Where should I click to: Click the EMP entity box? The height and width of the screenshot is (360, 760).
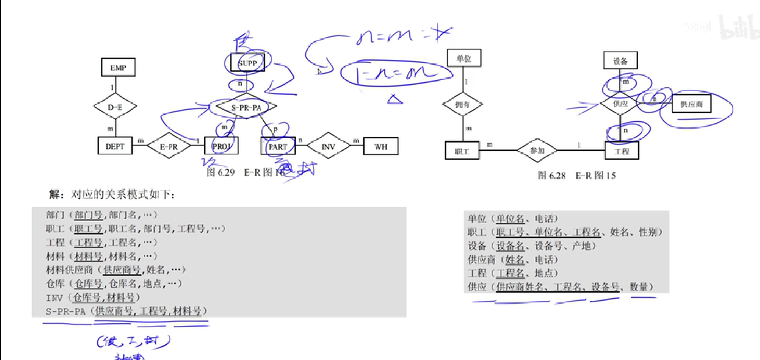click(x=118, y=67)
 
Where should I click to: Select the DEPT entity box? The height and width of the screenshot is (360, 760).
click(x=115, y=146)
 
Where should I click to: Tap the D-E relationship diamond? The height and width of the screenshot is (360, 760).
click(x=115, y=107)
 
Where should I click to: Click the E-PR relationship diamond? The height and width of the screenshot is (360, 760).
click(x=169, y=146)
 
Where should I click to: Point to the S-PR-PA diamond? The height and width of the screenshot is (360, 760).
click(x=246, y=107)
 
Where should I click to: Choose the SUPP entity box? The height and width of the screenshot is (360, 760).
click(x=247, y=63)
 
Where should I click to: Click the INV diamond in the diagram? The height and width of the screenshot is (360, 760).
click(x=328, y=146)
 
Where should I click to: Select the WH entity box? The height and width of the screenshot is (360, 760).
click(x=380, y=146)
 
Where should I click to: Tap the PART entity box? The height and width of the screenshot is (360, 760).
click(x=278, y=146)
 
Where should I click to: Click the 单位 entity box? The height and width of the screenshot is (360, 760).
click(x=464, y=58)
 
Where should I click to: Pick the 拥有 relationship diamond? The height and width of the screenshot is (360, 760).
click(x=463, y=104)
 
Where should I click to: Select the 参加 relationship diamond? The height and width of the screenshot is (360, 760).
click(x=537, y=150)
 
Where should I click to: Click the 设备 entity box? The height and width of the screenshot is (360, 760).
click(x=620, y=61)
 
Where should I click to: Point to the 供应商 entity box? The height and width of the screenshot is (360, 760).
click(x=691, y=104)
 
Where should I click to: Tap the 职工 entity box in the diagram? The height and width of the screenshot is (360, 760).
click(x=462, y=151)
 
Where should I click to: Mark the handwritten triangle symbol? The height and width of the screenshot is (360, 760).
click(x=395, y=100)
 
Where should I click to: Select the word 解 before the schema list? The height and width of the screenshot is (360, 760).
click(x=54, y=194)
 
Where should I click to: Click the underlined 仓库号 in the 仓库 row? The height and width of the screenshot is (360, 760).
click(x=89, y=283)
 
